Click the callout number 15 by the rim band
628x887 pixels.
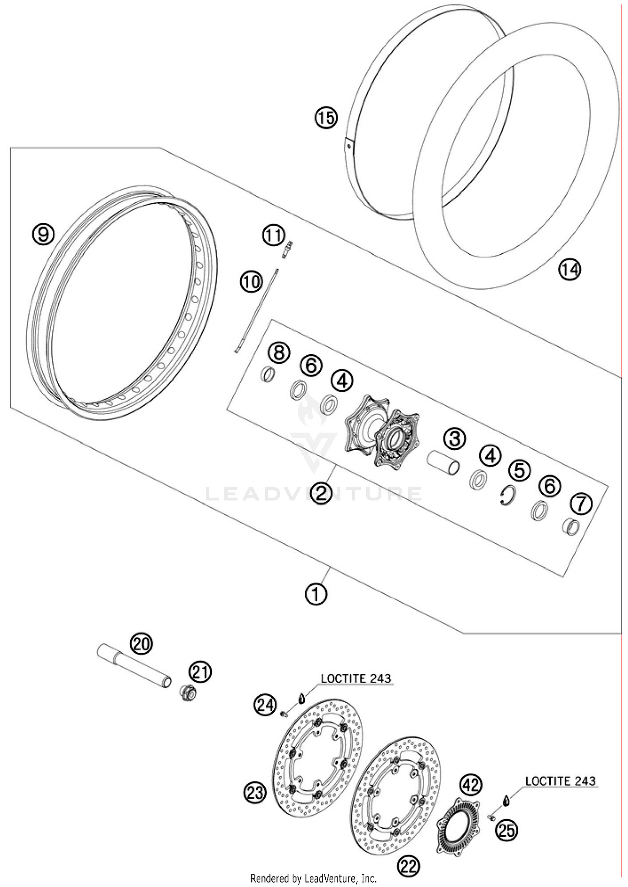(x=326, y=118)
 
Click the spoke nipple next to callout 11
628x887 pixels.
(x=288, y=250)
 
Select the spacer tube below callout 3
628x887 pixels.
(x=443, y=462)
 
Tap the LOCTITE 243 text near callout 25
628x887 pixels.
(x=560, y=781)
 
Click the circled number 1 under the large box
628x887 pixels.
(x=316, y=593)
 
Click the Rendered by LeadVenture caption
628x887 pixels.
(x=314, y=878)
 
